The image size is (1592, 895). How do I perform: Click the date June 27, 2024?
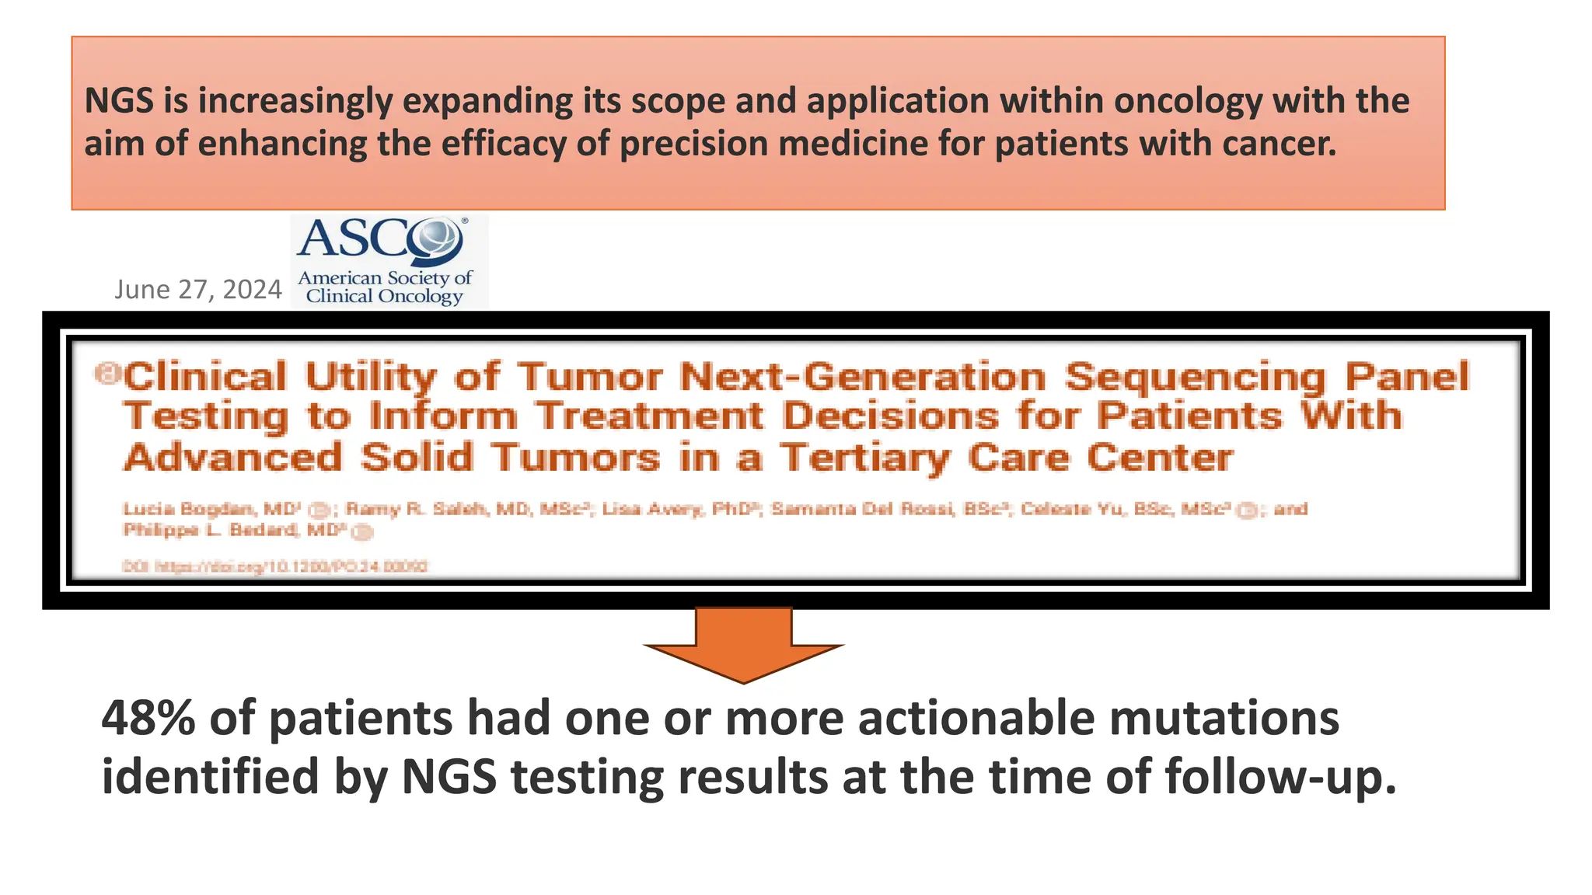point(197,290)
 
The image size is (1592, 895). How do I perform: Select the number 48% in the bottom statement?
point(148,718)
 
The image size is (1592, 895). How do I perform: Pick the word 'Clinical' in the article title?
point(206,378)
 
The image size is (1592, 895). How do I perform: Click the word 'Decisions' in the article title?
point(891,416)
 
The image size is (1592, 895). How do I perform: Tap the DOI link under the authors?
point(275,566)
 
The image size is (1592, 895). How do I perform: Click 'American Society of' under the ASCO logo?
point(385,278)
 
